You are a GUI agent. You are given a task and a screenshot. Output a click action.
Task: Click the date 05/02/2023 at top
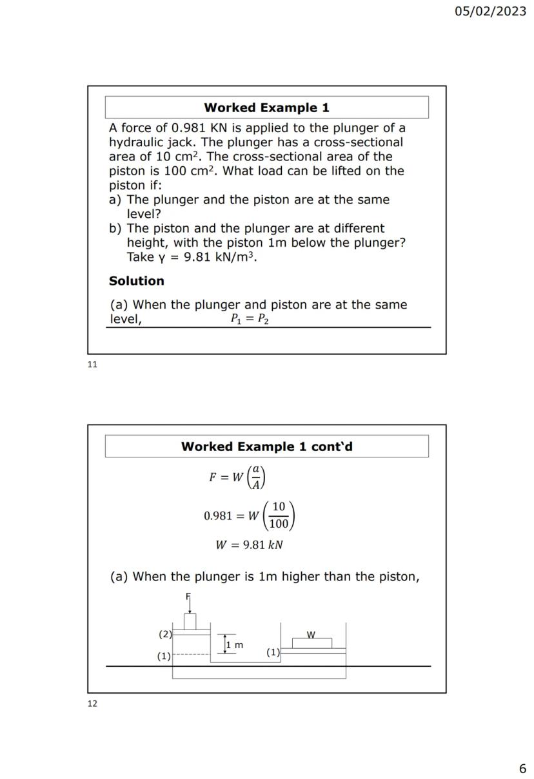click(x=490, y=12)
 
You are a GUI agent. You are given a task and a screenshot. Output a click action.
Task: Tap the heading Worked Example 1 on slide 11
click(x=266, y=108)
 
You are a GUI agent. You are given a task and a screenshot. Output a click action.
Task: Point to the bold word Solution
click(x=137, y=281)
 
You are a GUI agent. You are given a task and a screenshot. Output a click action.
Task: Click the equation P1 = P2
click(x=250, y=319)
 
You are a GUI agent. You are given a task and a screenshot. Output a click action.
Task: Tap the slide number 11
click(x=92, y=365)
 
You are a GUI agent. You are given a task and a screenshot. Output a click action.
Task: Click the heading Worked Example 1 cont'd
click(x=266, y=447)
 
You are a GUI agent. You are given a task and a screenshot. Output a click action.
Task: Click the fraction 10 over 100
click(x=279, y=515)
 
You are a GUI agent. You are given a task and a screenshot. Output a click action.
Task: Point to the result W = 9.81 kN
click(x=249, y=545)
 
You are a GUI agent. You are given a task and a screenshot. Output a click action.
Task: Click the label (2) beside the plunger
click(x=165, y=634)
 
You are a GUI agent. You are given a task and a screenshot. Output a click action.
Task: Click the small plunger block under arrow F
click(x=190, y=622)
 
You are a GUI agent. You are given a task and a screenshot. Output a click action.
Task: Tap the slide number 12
click(x=92, y=704)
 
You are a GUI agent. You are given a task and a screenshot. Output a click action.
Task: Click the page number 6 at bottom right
click(x=522, y=768)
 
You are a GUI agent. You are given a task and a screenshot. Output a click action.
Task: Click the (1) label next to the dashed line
click(x=164, y=656)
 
